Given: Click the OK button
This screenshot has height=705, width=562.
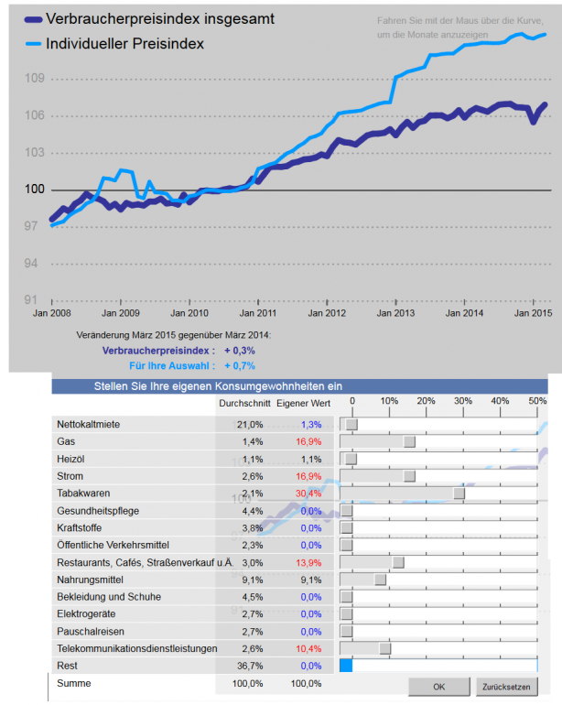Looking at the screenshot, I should [x=438, y=686].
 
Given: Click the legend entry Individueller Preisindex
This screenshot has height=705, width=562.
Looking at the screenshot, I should [x=124, y=43].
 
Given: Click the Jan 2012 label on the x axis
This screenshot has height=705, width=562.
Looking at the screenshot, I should [x=327, y=313].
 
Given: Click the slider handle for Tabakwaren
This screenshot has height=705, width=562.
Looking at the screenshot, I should [x=459, y=493].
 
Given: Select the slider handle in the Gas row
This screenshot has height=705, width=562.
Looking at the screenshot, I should [x=409, y=441].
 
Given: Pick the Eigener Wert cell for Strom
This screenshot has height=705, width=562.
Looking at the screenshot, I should [x=308, y=476].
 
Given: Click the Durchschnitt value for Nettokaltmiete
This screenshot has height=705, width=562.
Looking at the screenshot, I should [x=250, y=424].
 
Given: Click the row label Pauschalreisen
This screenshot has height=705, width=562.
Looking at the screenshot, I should [x=92, y=631].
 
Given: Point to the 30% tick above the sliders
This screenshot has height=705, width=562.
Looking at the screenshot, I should [x=463, y=401].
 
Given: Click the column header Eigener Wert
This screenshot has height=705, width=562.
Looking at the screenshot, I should [x=303, y=402].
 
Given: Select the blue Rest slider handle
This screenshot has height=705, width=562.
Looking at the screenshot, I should [x=345, y=666].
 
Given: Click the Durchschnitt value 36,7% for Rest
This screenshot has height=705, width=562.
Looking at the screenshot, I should [x=250, y=666].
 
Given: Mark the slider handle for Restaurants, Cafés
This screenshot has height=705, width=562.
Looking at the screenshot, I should [x=398, y=562].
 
